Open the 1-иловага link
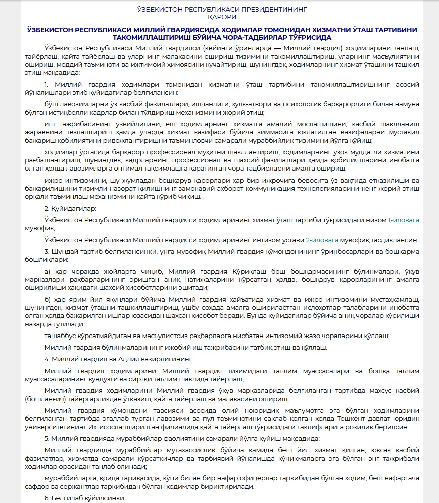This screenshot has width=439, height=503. [403, 220]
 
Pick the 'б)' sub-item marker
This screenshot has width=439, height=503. [48, 299]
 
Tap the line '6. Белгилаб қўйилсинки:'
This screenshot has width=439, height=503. [85, 498]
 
